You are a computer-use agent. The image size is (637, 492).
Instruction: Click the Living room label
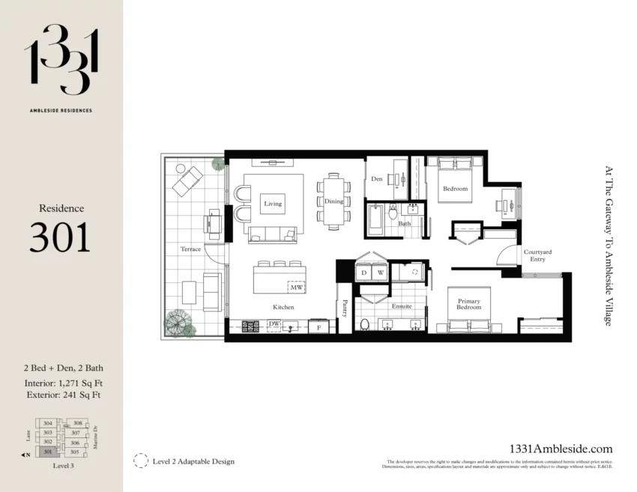273,203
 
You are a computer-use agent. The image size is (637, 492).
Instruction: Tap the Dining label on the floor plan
333,201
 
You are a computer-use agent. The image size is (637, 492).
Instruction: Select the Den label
377,179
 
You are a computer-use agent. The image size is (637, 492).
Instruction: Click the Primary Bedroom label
469,305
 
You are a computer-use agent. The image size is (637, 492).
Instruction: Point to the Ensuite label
402,306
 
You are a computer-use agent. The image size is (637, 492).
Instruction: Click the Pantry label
345,308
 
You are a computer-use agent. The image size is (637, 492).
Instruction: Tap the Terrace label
190,249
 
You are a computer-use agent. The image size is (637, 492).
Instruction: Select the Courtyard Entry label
537,256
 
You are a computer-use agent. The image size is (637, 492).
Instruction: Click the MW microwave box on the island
296,287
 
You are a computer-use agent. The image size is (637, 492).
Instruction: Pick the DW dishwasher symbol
274,324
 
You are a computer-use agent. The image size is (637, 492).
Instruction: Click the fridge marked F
318,327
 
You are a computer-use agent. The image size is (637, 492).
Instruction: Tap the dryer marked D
364,273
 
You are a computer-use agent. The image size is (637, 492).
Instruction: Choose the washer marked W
380,273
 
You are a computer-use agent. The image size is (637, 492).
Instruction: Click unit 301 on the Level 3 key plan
48,452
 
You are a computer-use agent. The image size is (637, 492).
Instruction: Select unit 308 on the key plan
77,423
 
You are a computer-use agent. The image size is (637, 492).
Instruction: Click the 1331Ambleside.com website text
561,449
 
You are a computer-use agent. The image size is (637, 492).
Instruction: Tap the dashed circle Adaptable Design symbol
140,461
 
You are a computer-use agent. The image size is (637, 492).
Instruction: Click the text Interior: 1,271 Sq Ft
62,383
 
